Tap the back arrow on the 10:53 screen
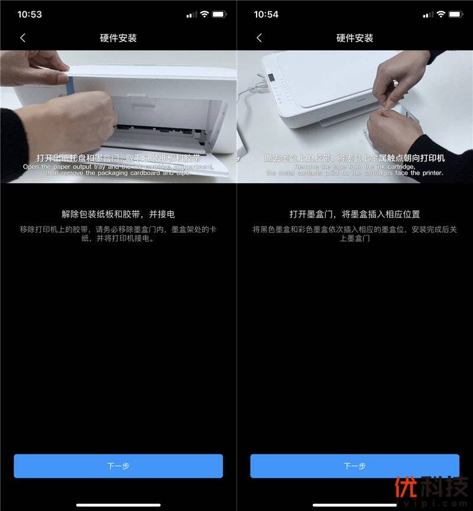click(22, 38)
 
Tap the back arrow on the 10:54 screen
click(259, 38)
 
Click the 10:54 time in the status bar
click(266, 14)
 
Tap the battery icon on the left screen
click(219, 14)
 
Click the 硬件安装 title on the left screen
click(118, 38)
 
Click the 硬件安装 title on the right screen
click(355, 38)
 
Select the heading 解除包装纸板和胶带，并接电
click(118, 214)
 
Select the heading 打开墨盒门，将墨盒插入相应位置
click(355, 214)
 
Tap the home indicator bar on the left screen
click(118, 505)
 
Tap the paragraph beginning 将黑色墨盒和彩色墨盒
click(355, 233)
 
